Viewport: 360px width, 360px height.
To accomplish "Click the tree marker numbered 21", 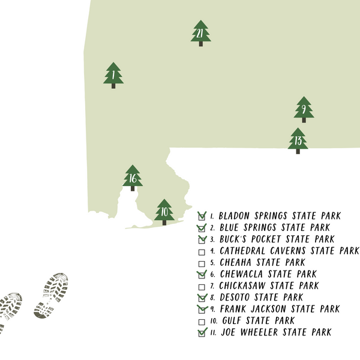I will pyautogui.click(x=200, y=34).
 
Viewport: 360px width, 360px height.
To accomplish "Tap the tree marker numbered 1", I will pyautogui.click(x=113, y=75).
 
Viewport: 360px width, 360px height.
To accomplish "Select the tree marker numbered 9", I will pyautogui.click(x=304, y=109).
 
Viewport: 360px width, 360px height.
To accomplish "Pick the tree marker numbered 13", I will pyautogui.click(x=298, y=140).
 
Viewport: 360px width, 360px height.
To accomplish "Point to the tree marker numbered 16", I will pyautogui.click(x=133, y=178).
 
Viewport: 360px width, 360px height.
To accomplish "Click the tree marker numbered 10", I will pyautogui.click(x=164, y=211).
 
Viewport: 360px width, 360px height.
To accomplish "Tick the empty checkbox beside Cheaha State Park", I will pyautogui.click(x=202, y=263).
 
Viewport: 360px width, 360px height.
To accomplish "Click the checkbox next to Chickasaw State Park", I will pyautogui.click(x=202, y=286).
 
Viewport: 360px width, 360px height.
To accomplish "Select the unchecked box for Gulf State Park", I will pyautogui.click(x=202, y=321).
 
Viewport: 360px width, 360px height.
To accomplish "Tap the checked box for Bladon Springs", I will pyautogui.click(x=202, y=216).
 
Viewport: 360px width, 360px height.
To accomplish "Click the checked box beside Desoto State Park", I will pyautogui.click(x=202, y=298).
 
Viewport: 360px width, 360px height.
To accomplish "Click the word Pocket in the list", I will pyautogui.click(x=265, y=239).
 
